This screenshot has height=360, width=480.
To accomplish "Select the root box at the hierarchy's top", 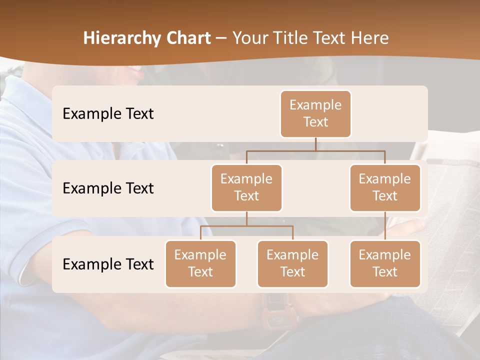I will pos(315,113).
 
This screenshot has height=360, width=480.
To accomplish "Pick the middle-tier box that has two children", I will pos(246,187).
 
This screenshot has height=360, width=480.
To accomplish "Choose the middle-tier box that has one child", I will pos(385,187).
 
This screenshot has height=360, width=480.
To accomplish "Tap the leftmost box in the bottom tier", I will pos(200,263).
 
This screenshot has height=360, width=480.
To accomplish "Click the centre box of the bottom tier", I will pos(292,263).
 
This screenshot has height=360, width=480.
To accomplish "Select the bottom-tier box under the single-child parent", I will pos(385,263).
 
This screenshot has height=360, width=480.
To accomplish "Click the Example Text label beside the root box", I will pos(108,113).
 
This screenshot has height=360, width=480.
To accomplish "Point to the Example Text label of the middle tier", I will pos(108,188).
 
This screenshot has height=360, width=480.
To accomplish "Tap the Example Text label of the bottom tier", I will pos(108,264).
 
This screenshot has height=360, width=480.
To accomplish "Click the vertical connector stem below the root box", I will pos(315,144).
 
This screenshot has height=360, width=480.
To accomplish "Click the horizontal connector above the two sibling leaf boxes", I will pos(246,226).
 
